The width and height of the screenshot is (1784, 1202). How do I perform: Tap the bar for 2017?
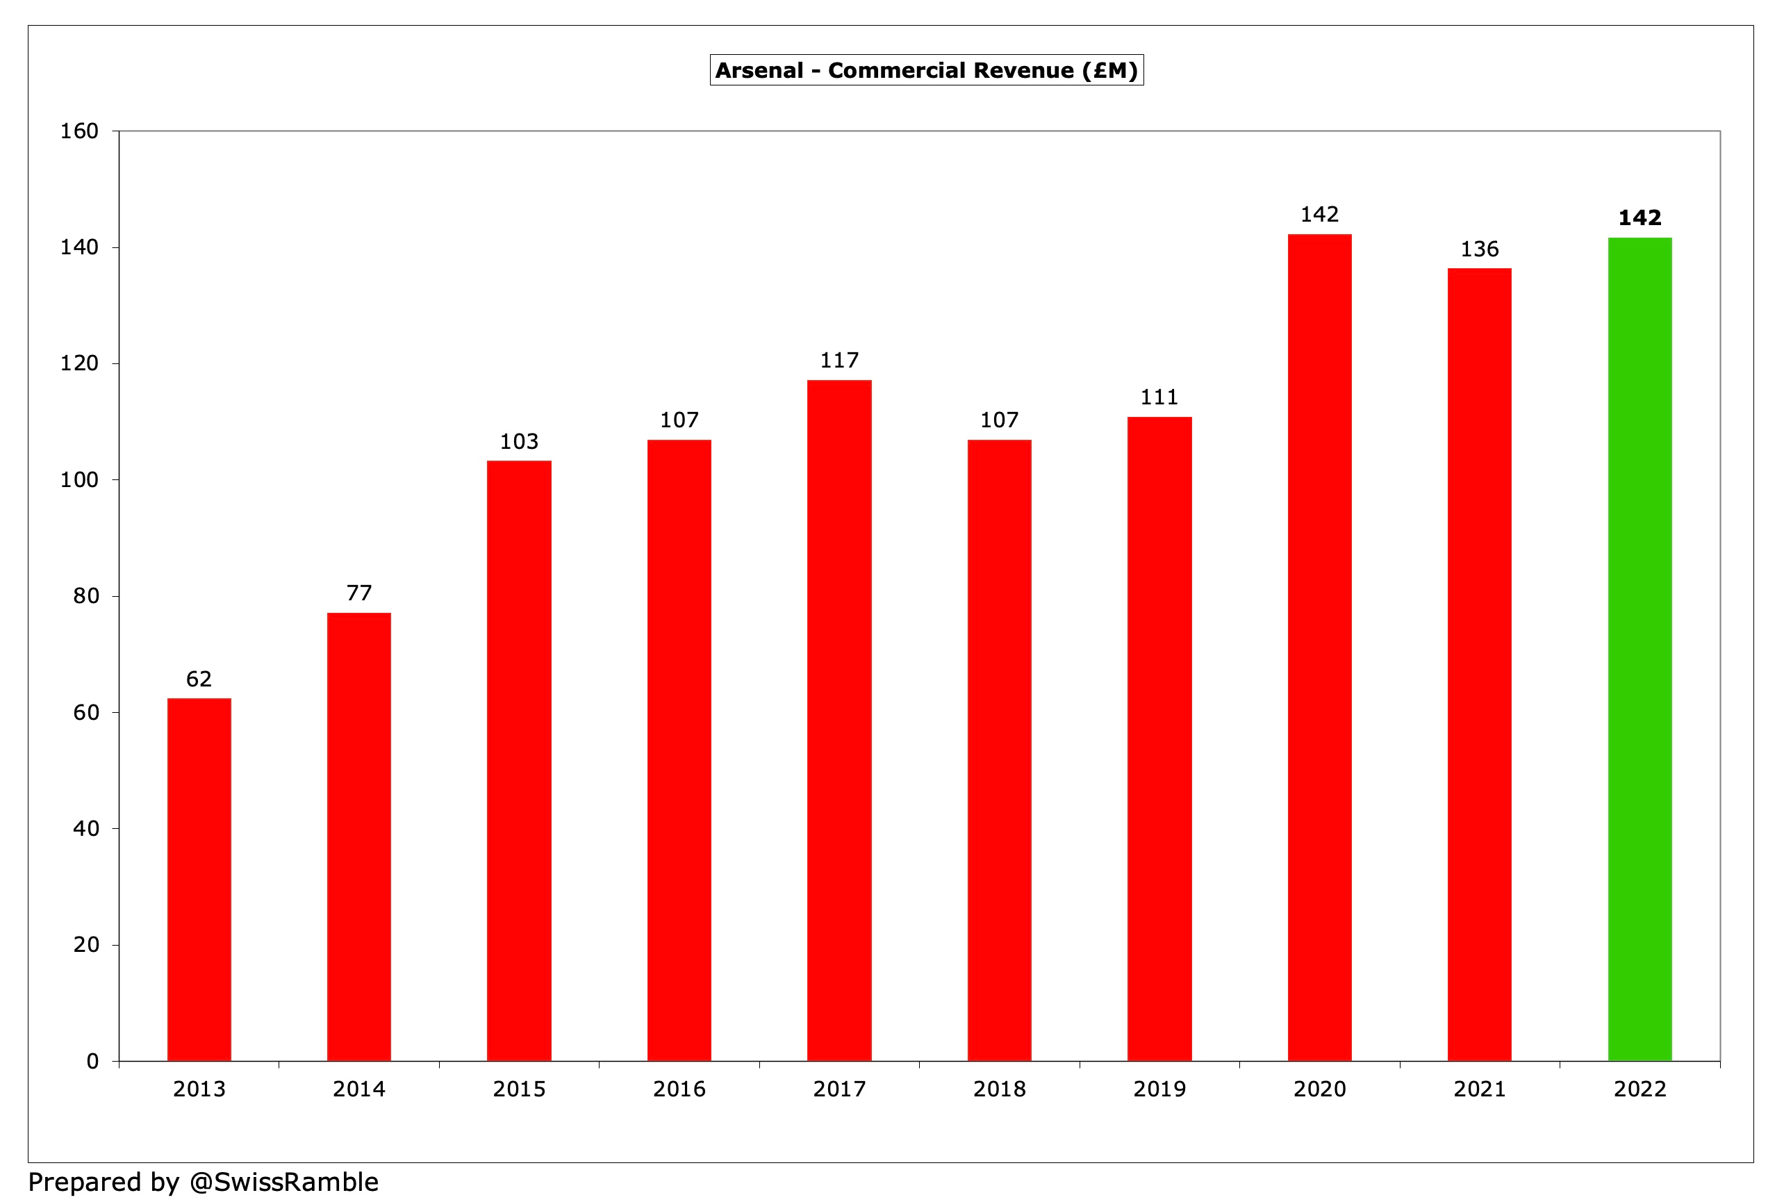[839, 720]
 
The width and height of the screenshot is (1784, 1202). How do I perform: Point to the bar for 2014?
[358, 837]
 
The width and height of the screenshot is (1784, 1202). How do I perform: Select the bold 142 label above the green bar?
[1640, 217]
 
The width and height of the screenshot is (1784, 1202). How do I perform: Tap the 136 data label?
[1479, 249]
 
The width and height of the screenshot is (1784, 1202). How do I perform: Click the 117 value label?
[839, 361]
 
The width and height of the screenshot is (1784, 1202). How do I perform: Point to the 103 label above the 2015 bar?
[519, 442]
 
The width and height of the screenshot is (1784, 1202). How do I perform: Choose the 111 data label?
[1159, 397]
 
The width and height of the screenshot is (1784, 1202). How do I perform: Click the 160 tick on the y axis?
[80, 131]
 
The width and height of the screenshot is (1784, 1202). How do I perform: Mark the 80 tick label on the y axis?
[86, 595]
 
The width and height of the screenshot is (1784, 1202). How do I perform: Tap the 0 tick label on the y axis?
[92, 1061]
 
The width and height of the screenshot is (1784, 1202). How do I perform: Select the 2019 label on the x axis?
[1159, 1089]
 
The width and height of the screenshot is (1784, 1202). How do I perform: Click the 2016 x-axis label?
[679, 1089]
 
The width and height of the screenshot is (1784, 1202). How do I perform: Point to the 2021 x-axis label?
[1479, 1089]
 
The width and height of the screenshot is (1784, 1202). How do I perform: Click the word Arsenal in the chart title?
[759, 71]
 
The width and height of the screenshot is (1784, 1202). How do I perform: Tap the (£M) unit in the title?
[1109, 71]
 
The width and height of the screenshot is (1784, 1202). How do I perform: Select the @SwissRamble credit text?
[283, 1181]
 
